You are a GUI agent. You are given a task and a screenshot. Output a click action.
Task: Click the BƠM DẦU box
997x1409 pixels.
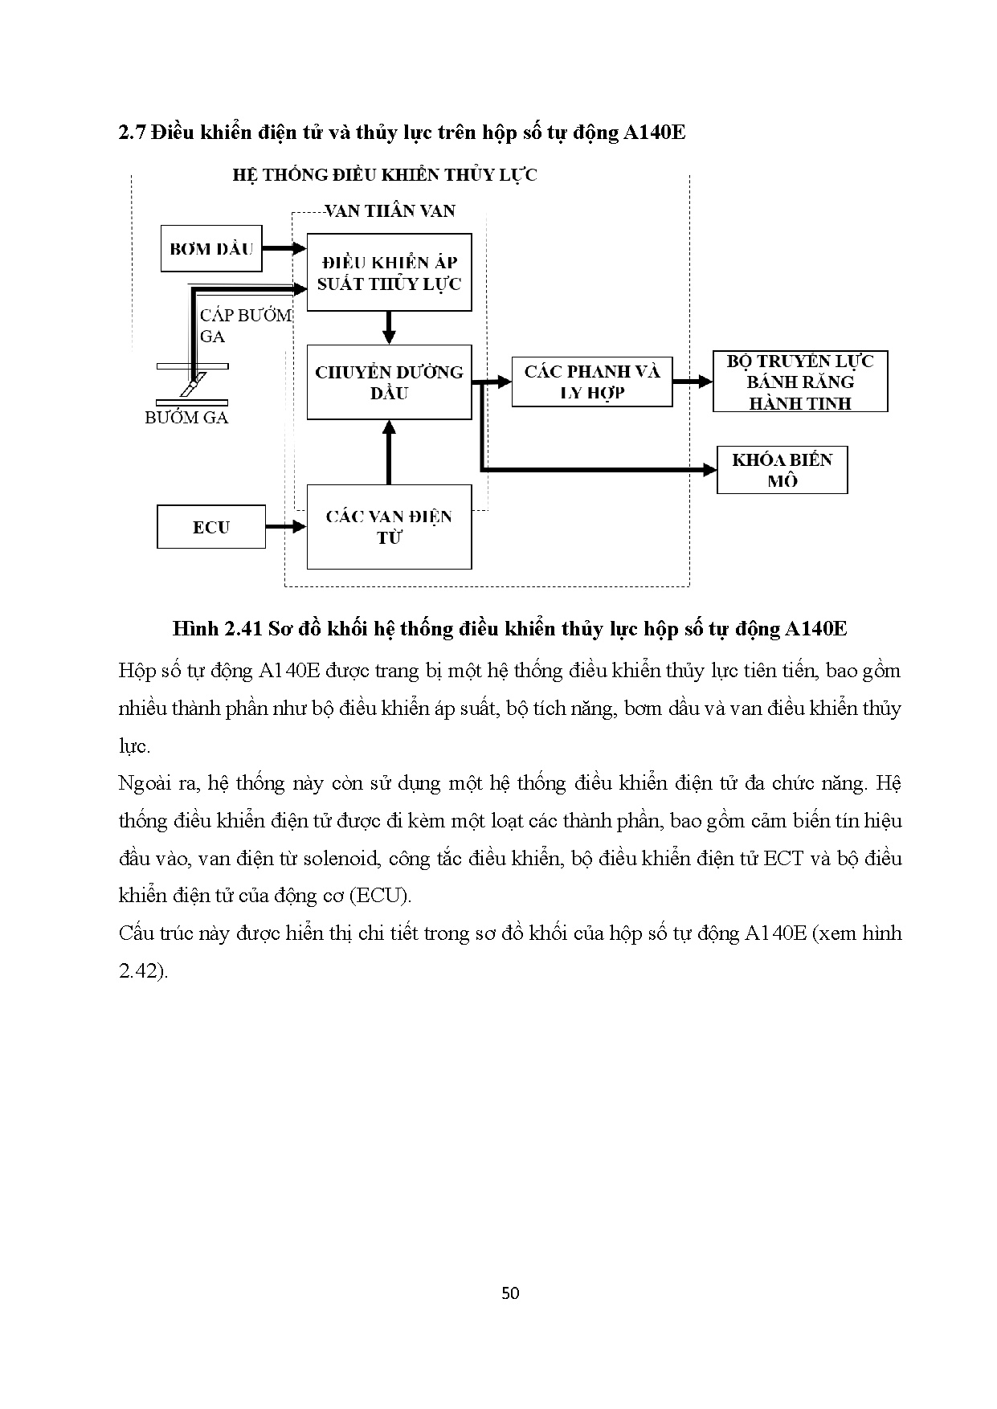click(x=211, y=249)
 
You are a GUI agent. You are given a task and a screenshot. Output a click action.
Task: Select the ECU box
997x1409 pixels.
click(x=211, y=527)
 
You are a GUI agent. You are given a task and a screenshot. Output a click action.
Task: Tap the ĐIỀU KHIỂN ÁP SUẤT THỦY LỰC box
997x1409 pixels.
click(x=389, y=273)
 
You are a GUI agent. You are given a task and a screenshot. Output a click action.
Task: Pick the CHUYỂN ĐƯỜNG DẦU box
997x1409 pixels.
click(x=389, y=382)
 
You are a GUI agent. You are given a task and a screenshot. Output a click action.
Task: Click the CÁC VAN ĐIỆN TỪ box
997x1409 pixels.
click(x=389, y=527)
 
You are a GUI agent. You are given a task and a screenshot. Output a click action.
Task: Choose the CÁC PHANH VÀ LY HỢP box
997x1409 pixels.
click(x=592, y=382)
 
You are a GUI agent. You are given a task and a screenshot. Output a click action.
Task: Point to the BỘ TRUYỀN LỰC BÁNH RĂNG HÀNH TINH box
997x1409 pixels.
click(x=800, y=382)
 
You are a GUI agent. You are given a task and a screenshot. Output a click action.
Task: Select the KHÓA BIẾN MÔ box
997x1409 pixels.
click(x=782, y=471)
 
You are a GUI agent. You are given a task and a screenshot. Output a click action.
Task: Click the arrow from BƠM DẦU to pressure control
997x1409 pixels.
click(x=285, y=249)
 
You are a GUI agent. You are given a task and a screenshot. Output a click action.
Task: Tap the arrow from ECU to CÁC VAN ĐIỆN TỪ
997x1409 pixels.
click(x=286, y=527)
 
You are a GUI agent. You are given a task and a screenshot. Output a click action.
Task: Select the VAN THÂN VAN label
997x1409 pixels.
click(x=390, y=211)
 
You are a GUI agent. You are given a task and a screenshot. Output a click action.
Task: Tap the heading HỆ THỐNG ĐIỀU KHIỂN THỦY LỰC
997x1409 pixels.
click(x=385, y=175)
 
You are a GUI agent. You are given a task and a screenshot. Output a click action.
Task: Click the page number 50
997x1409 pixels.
click(x=509, y=1293)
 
